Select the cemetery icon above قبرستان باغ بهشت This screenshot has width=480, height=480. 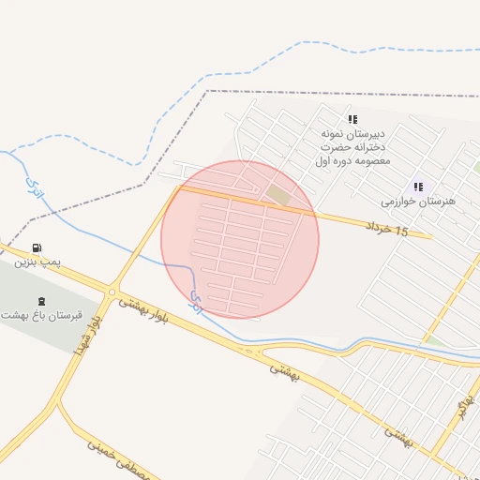[x=40, y=301]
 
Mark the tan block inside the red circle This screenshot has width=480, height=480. [x=278, y=194]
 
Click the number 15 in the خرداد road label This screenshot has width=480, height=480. [x=402, y=231]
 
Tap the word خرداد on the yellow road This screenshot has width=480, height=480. [x=379, y=225]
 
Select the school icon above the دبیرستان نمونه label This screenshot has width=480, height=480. [x=352, y=119]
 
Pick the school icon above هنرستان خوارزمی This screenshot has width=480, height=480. [x=418, y=187]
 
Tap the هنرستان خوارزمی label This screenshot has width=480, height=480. [x=418, y=202]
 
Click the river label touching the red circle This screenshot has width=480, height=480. [x=196, y=301]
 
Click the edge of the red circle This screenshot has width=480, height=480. [x=161, y=240]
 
